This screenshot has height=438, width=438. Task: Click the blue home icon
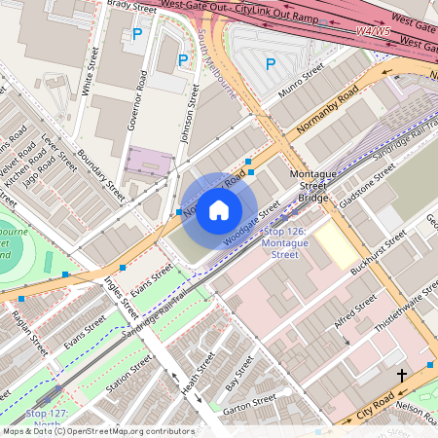(219, 210)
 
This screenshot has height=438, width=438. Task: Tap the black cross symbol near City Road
(401, 375)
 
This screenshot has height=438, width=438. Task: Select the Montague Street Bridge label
(313, 185)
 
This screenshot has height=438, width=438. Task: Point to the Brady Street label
(131, 6)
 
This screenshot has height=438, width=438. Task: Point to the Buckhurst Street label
(380, 253)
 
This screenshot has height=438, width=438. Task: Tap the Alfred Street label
(354, 314)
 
